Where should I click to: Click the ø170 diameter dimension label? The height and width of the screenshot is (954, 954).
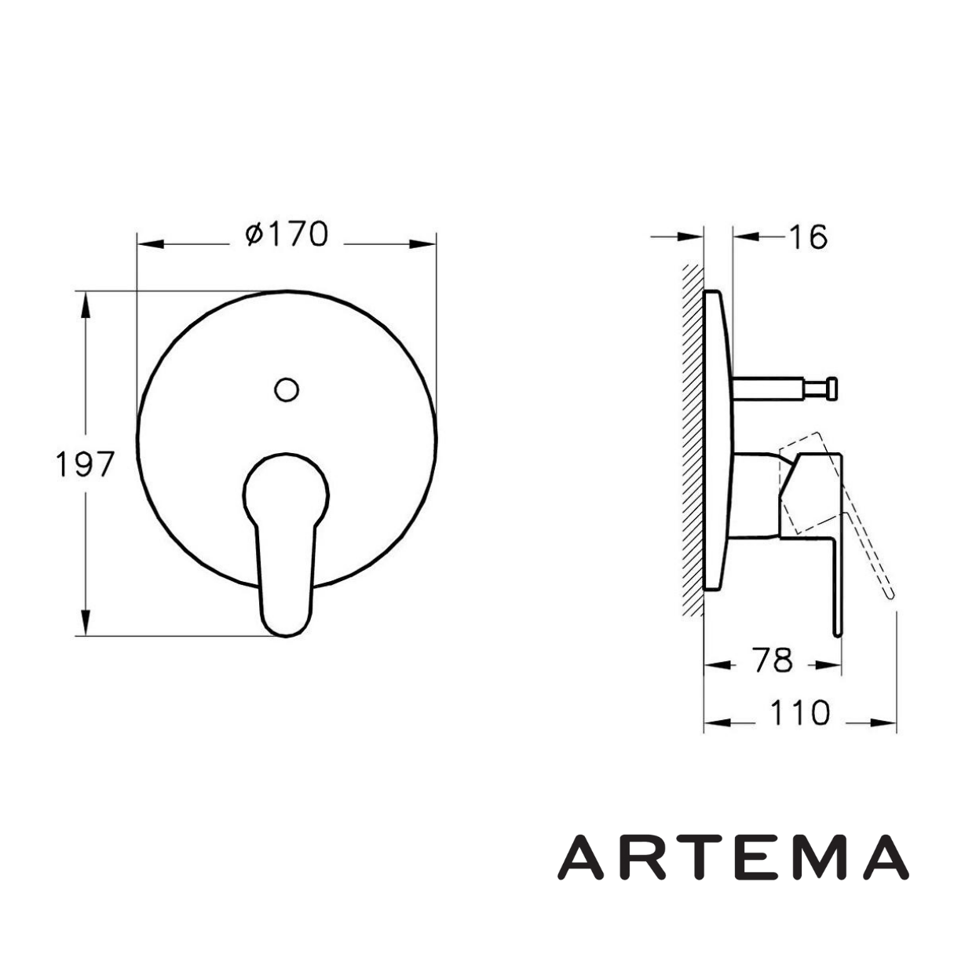(x=287, y=234)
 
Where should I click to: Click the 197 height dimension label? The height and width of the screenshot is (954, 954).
(x=85, y=465)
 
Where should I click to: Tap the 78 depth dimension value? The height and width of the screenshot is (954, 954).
(x=772, y=661)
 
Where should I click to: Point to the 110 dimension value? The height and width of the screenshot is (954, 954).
(x=799, y=714)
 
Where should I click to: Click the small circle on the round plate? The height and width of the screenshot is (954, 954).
(x=287, y=388)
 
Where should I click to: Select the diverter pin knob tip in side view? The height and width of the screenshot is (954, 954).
(x=832, y=387)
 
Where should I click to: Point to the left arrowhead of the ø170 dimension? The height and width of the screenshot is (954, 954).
(x=150, y=244)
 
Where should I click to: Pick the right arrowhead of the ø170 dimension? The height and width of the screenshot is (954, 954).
(x=423, y=244)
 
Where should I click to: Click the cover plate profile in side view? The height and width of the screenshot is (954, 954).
(x=718, y=440)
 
